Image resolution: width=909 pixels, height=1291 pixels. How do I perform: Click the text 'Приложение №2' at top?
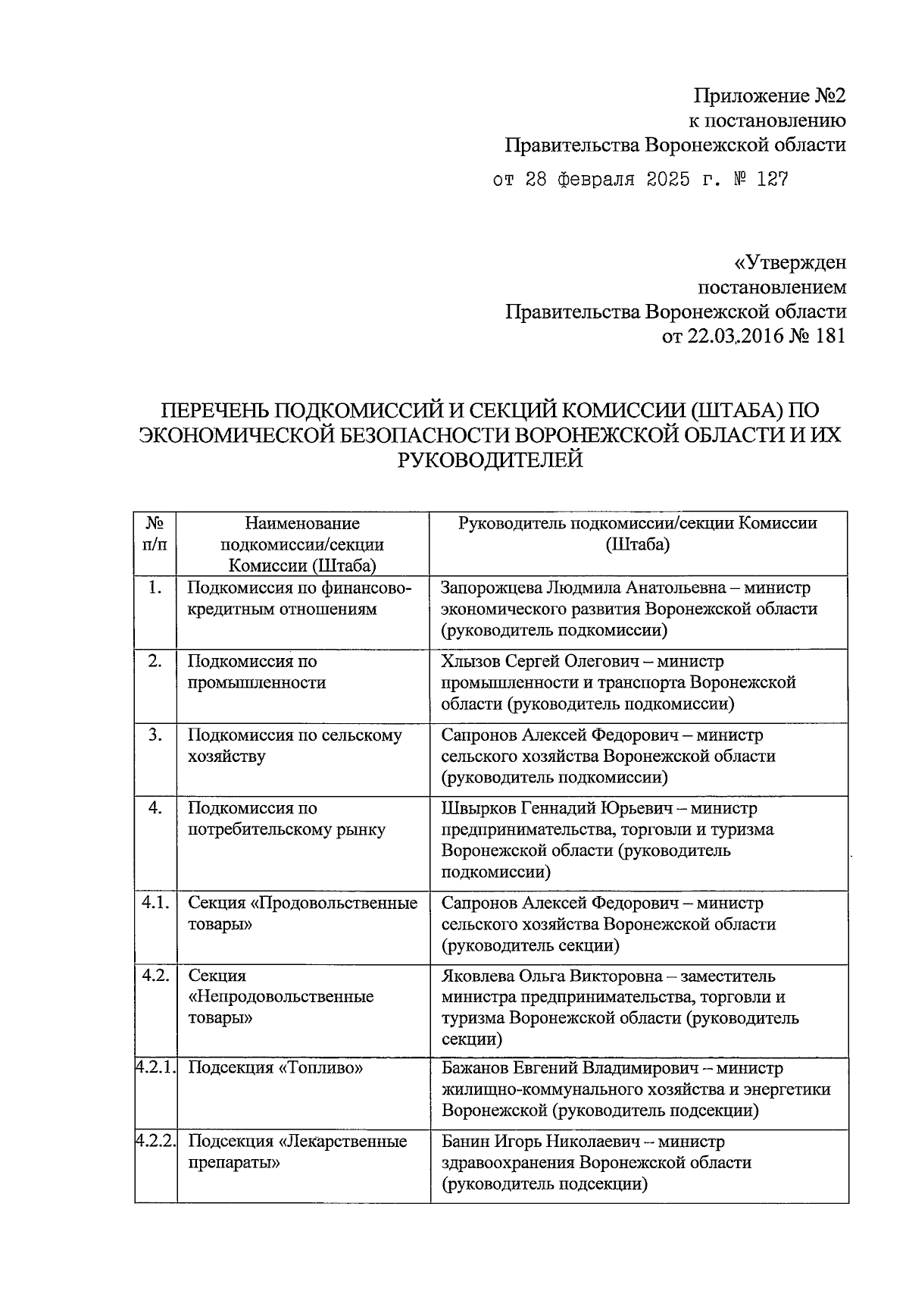769,96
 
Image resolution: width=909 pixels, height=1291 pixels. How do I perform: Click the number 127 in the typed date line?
771,180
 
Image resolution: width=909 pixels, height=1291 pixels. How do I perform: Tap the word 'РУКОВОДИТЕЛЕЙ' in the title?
490,459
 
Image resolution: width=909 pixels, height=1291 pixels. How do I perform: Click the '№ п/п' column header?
155,534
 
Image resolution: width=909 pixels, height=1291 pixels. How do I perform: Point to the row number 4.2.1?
156,1067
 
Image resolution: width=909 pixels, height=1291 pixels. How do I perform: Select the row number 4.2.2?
156,1141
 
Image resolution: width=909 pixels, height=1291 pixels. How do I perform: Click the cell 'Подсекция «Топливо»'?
275,1068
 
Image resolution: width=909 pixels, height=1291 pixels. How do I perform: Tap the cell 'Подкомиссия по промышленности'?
257,672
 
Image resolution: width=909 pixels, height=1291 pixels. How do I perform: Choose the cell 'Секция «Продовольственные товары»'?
302,913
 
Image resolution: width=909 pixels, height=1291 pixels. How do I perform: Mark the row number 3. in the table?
155,735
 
